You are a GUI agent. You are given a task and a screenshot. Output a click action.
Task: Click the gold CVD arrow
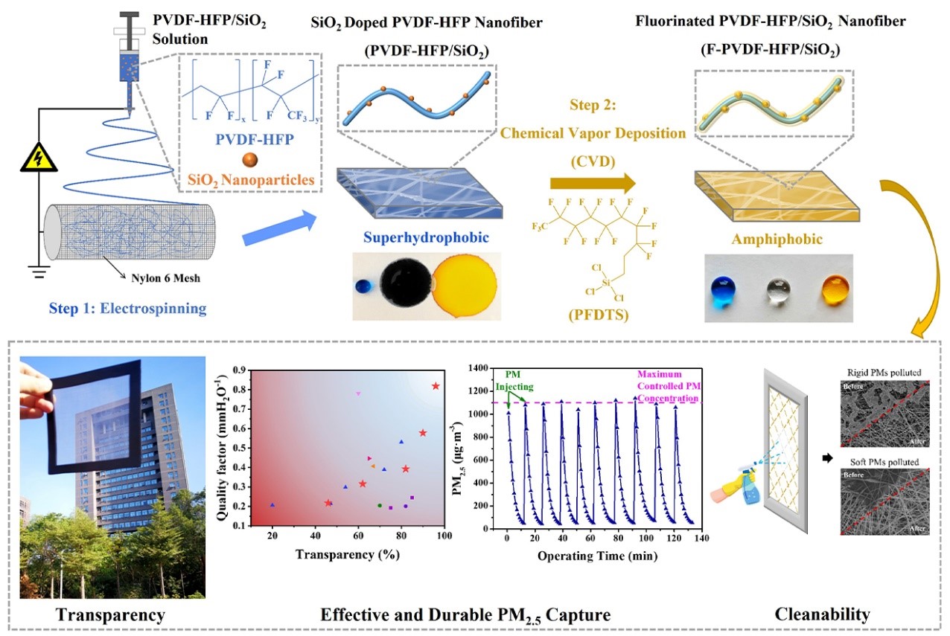coord(593,182)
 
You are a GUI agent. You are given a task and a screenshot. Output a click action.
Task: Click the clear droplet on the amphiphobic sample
coord(779,289)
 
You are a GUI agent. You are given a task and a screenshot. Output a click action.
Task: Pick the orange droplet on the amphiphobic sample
coord(835,288)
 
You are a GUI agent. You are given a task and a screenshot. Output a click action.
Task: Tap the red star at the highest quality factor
coord(436,385)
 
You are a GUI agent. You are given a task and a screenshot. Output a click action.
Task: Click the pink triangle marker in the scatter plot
coord(358,393)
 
